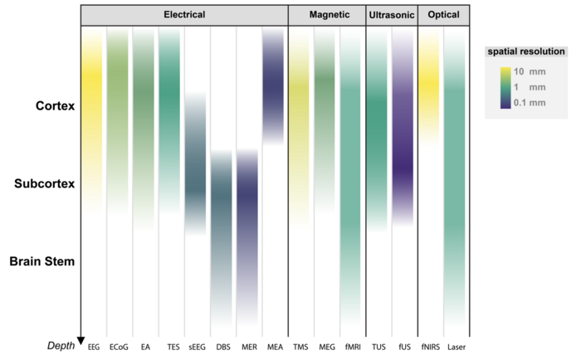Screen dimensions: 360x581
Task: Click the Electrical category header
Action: click(183, 15)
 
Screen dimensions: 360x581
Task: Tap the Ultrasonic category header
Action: click(390, 15)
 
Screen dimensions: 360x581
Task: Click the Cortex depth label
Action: click(56, 106)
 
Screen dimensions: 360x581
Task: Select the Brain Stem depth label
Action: click(42, 261)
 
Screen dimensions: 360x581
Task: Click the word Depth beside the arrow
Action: click(60, 344)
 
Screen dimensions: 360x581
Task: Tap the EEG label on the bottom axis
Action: click(94, 346)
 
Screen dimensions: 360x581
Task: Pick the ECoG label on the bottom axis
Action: click(119, 346)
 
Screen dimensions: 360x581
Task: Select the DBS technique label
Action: click(222, 346)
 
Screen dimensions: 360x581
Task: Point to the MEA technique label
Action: click(272, 346)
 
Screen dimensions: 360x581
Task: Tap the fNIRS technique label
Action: click(429, 346)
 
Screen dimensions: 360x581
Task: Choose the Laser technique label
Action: click(455, 346)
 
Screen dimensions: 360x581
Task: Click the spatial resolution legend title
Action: click(525, 51)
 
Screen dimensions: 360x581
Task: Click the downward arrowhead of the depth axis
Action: click(81, 339)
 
